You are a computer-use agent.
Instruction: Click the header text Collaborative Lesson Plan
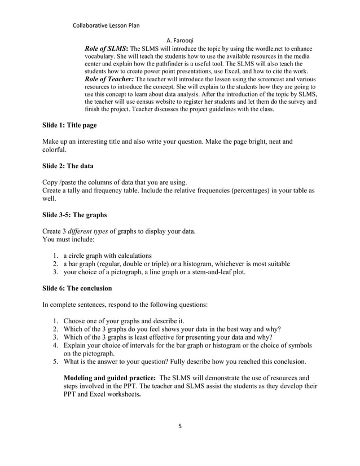107,25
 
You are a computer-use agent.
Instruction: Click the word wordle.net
251,50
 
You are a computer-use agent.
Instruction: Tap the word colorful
56,151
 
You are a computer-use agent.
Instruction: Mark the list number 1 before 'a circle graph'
55,255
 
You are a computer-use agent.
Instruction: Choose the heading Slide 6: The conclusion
77,288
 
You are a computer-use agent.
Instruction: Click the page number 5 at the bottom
180,427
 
